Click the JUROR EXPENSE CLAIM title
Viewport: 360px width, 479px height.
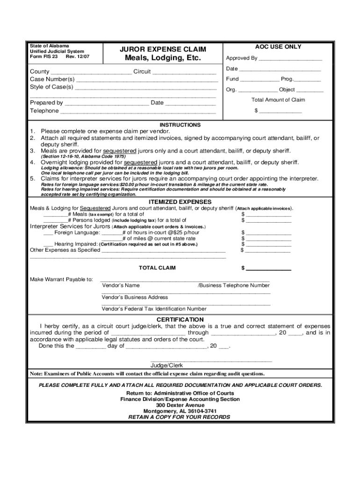(163, 49)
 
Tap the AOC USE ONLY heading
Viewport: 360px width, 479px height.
(278, 47)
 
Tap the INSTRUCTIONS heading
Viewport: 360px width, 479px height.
(180, 125)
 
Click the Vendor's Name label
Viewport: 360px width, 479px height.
(121, 285)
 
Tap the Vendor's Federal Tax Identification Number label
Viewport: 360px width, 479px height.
(154, 309)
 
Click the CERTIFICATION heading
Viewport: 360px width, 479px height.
(180, 319)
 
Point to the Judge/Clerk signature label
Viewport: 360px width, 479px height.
(166, 365)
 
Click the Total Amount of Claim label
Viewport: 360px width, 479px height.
(278, 100)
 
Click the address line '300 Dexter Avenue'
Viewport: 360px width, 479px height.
(180, 405)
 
